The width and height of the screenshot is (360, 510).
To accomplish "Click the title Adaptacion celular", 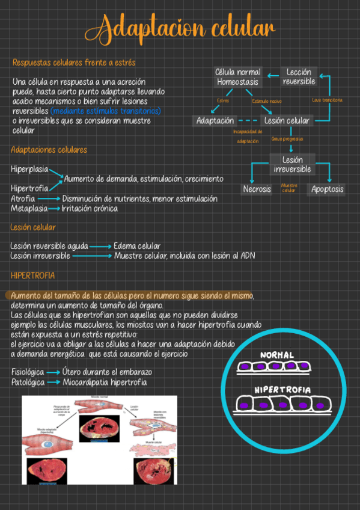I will coord(180,28).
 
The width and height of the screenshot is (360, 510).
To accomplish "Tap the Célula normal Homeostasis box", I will coord(238,77).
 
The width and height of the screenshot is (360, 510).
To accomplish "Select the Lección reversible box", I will coord(299,77).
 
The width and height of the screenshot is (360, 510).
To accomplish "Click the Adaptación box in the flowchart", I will coord(215,121).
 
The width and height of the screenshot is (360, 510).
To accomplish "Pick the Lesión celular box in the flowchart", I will coord(287,121).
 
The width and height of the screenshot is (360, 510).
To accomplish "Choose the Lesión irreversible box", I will coord(292,164).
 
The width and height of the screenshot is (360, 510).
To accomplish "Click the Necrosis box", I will coord(257,189).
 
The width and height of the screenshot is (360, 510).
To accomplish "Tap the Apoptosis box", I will coord(328,189).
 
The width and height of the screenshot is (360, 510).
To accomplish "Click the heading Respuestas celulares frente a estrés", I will coord(74,63).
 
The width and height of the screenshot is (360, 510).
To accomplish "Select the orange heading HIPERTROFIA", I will coord(33,275).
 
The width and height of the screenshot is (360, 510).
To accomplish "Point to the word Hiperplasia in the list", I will coord(29,169).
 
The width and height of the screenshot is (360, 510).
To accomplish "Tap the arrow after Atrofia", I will coord(49,198).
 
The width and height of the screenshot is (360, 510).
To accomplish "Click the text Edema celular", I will coord(137,246).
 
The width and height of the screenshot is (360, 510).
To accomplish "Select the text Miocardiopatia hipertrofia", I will coord(105,382).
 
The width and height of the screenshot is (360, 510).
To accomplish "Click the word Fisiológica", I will coord(28,372).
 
